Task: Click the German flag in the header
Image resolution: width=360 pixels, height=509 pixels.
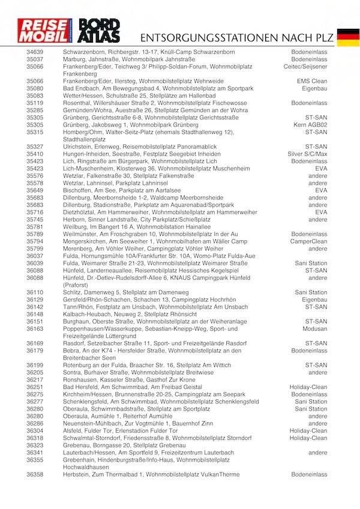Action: click(348, 37)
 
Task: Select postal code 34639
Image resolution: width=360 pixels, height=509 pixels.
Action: click(35, 52)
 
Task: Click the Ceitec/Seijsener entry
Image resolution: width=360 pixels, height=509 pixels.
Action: click(306, 67)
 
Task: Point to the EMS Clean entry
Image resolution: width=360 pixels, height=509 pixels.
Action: click(312, 81)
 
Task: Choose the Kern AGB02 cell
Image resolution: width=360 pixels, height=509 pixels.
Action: click(310, 125)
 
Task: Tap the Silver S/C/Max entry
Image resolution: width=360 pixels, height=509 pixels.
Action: click(307, 154)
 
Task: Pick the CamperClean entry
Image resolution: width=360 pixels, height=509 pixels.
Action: click(308, 241)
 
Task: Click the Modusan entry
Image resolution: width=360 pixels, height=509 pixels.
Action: click(314, 329)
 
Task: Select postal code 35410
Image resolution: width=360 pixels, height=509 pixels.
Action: click(35, 154)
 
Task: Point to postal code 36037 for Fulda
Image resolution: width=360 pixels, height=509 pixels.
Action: click(35, 256)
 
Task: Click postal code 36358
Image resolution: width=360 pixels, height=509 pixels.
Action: click(35, 474)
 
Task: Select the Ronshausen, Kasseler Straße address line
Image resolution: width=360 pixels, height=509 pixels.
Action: click(129, 380)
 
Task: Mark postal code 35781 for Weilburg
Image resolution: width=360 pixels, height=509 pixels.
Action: click(35, 227)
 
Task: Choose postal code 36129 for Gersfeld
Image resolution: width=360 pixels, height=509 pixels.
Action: click(35, 300)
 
